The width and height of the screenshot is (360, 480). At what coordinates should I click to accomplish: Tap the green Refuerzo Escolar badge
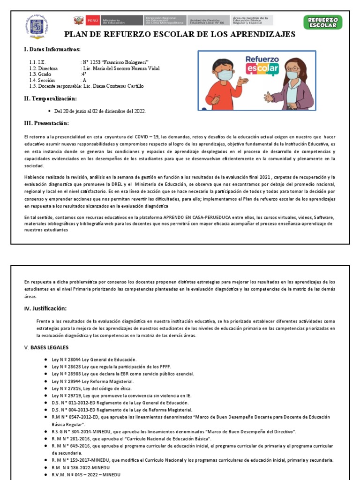[323, 22]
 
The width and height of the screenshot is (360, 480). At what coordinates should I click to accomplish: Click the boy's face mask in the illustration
[226, 75]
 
